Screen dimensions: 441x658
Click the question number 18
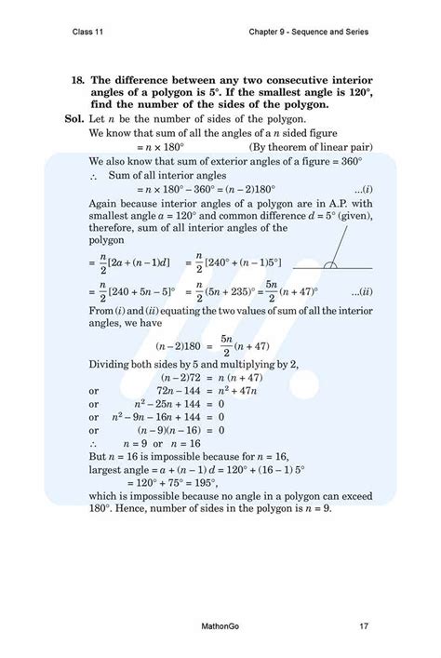(x=77, y=81)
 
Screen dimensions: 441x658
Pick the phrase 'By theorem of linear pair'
(x=302, y=147)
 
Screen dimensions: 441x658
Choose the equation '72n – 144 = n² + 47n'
(x=195, y=392)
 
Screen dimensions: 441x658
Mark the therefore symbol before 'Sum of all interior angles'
(x=96, y=175)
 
